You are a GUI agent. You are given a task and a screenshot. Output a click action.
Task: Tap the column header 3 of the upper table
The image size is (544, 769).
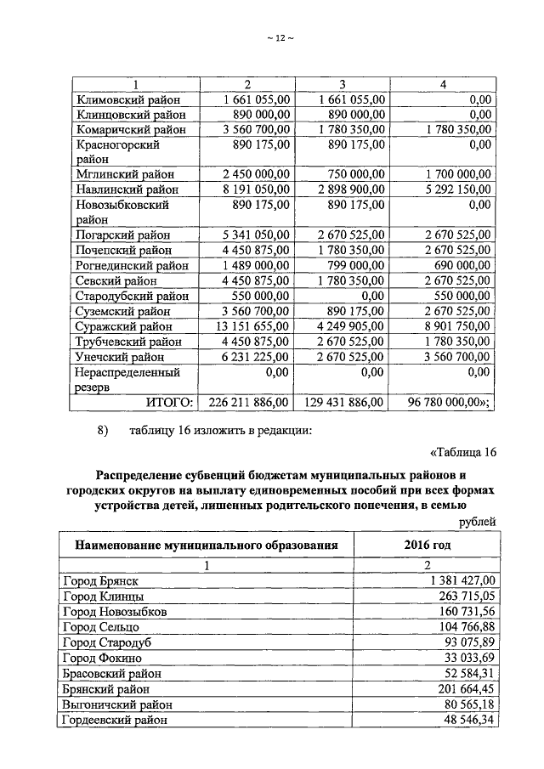(x=340, y=84)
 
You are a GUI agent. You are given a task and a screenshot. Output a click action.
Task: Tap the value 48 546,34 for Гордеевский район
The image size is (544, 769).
(x=465, y=720)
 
